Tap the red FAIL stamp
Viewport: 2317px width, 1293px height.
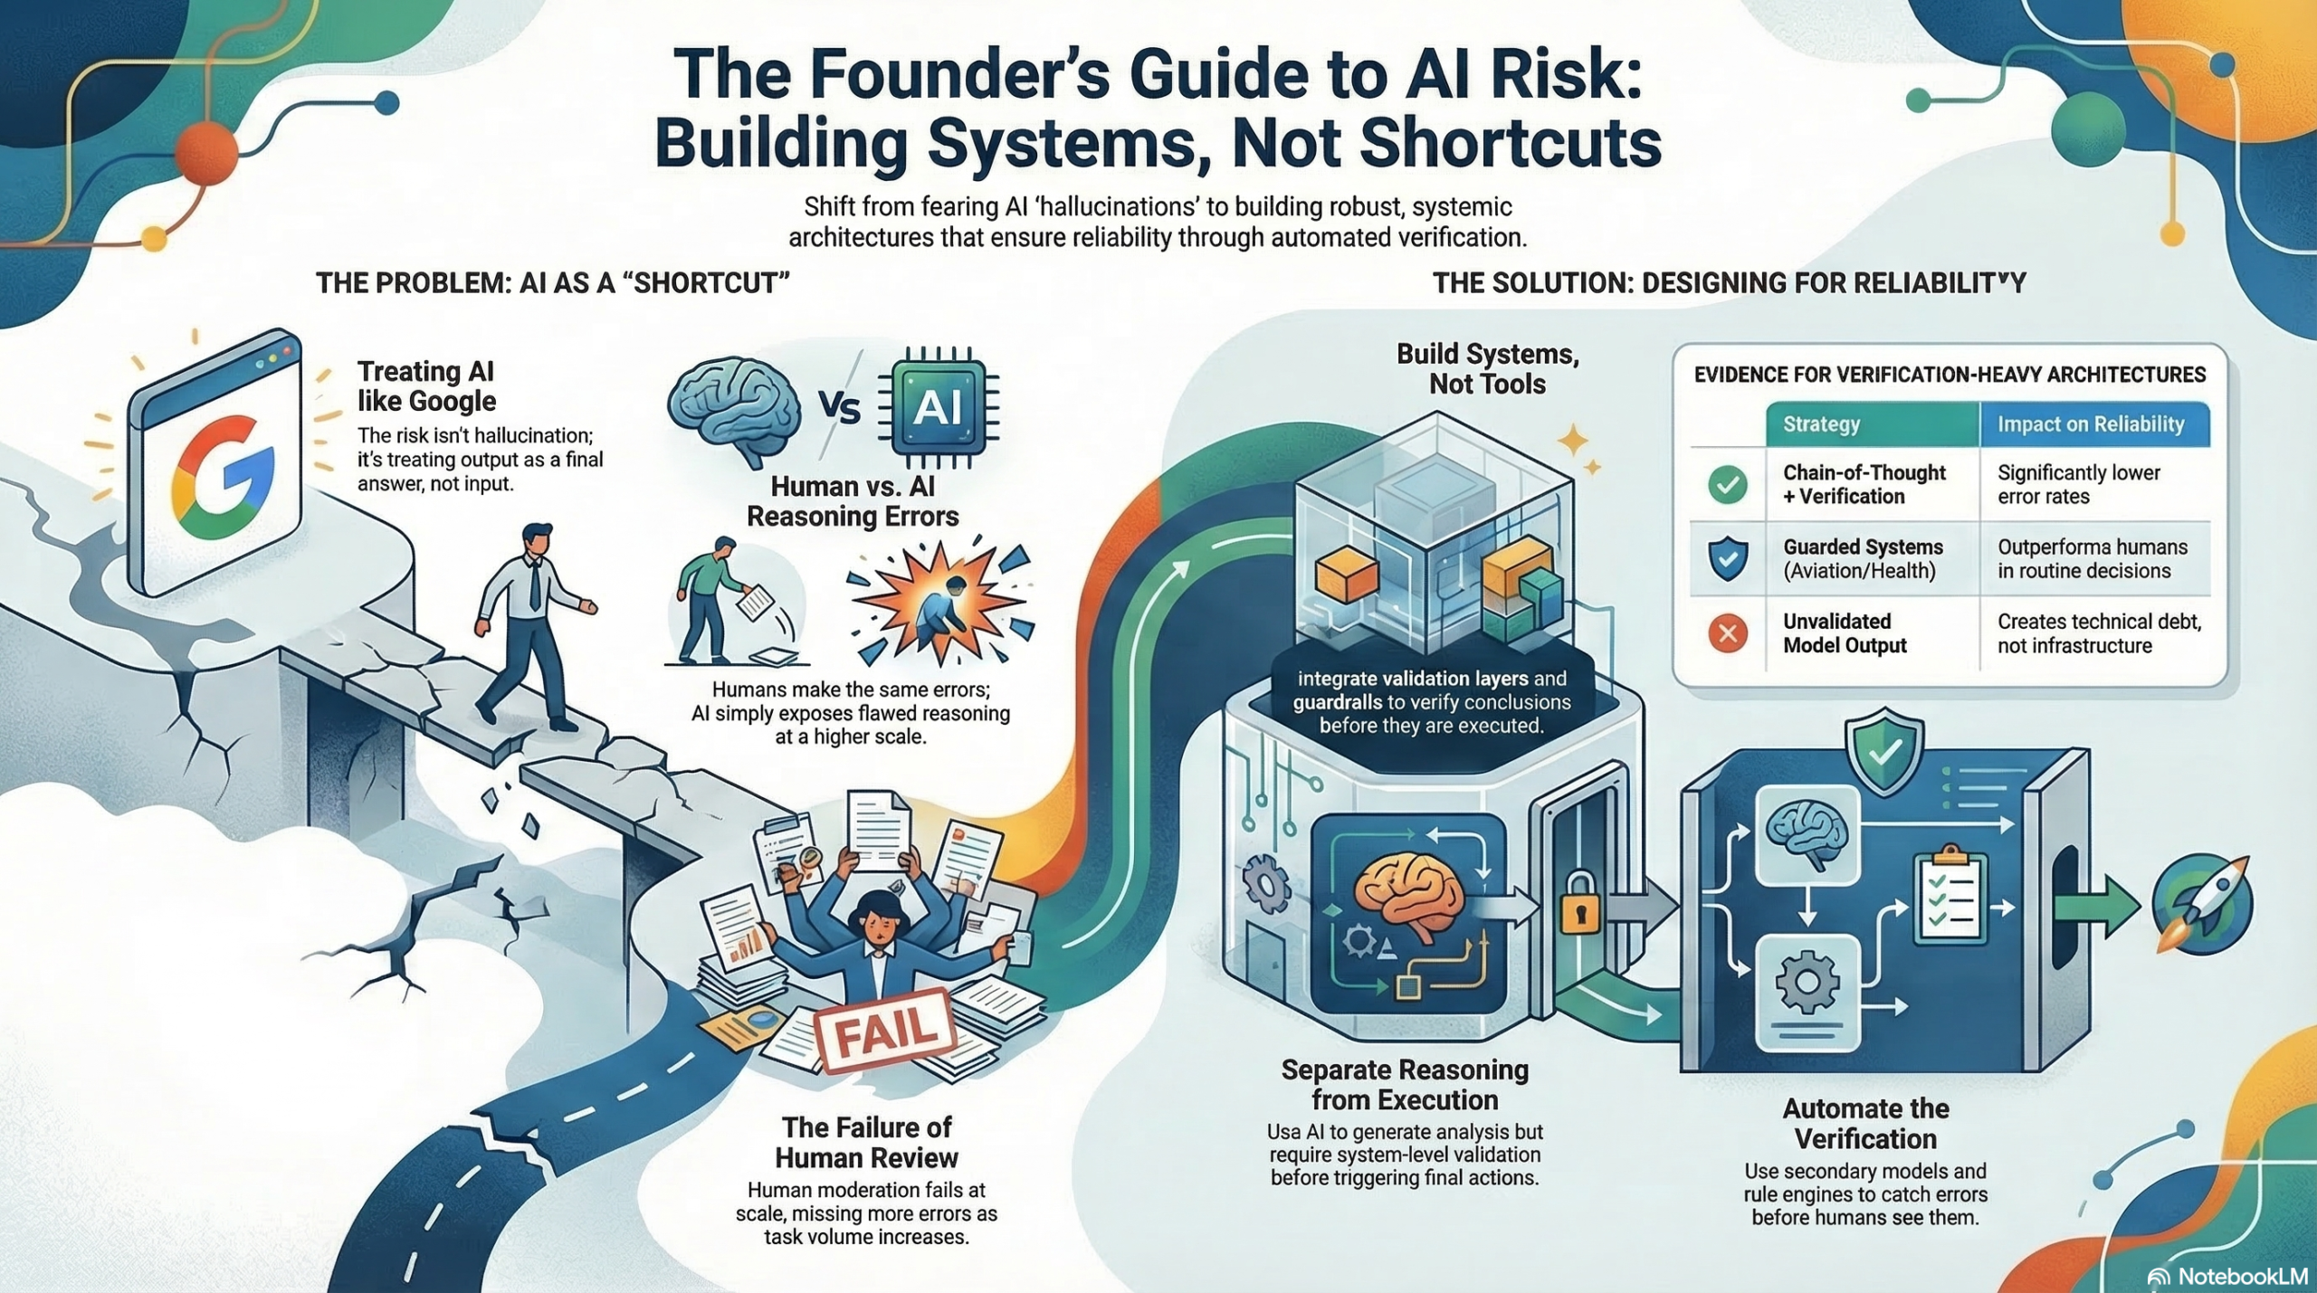pos(884,1031)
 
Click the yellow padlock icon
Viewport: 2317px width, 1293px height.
pos(1579,902)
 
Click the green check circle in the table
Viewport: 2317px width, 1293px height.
pos(1727,484)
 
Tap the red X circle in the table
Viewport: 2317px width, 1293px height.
pos(1727,632)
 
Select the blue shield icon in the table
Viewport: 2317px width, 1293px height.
pos(1727,558)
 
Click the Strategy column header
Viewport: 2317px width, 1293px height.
pos(1821,423)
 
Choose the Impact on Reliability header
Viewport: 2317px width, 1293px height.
pos(2091,423)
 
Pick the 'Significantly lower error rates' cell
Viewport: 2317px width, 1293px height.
pos(2078,484)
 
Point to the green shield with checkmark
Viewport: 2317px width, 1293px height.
pos(1884,751)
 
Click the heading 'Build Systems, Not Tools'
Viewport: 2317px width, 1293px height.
pos(1487,368)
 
